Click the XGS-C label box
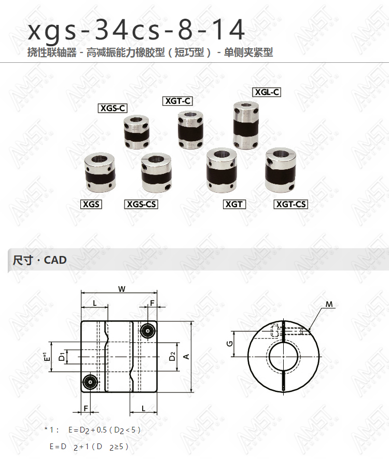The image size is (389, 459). click(x=113, y=108)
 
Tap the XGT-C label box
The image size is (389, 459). click(x=177, y=101)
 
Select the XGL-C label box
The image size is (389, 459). click(x=267, y=92)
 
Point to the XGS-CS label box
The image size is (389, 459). click(x=141, y=204)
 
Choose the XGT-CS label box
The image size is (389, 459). click(x=291, y=204)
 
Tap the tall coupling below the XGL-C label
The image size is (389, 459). click(x=246, y=125)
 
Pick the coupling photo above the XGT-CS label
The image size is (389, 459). click(x=281, y=170)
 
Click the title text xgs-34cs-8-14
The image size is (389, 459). click(x=136, y=29)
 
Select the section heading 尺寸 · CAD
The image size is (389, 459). click(x=39, y=260)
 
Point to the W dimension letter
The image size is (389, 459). click(x=122, y=289)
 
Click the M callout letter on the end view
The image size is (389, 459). click(x=329, y=304)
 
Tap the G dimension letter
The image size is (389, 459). click(x=230, y=343)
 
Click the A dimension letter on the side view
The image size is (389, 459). click(x=186, y=357)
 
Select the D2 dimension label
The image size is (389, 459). click(x=172, y=356)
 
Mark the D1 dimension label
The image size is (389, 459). click(x=62, y=357)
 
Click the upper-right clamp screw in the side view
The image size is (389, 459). click(x=148, y=331)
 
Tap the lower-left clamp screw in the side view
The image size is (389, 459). click(x=90, y=382)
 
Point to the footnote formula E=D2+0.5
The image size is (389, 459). click(x=88, y=430)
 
